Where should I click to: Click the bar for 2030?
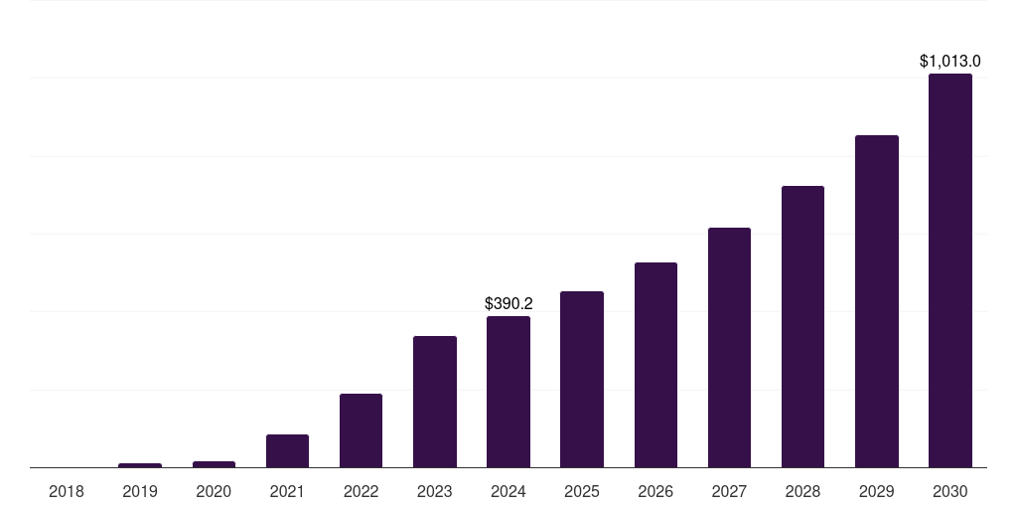tap(949, 270)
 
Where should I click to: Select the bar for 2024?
tap(508, 392)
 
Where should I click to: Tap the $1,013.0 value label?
tap(949, 62)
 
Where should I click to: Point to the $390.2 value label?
tap(508, 304)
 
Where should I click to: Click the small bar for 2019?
tap(140, 465)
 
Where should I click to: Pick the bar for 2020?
tap(214, 464)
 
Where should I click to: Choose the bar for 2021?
tap(287, 450)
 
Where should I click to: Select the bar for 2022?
tap(361, 430)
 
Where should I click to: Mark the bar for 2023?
tap(434, 402)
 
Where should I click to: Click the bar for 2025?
tap(581, 379)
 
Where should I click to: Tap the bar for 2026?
tap(655, 365)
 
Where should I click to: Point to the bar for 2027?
tap(729, 347)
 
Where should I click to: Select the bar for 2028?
tap(802, 326)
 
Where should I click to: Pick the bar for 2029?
tap(876, 301)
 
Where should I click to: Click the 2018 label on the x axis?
tap(67, 491)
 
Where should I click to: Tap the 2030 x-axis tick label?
tap(949, 491)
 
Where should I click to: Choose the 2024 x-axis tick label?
tap(508, 491)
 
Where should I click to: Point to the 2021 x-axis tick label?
tap(287, 491)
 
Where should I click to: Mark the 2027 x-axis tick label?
tap(729, 491)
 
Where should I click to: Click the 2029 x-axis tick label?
tap(876, 491)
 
